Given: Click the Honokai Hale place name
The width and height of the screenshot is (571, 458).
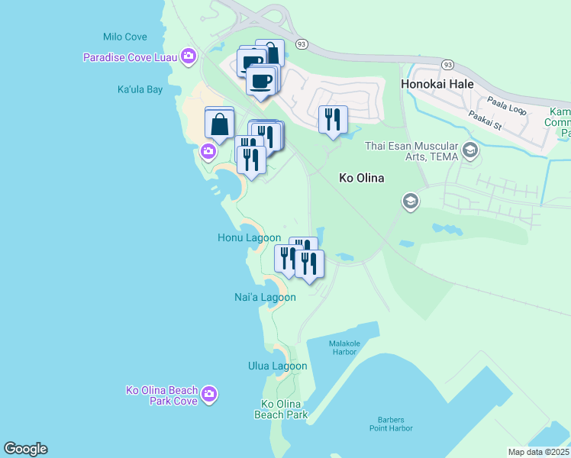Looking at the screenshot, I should point(437,84).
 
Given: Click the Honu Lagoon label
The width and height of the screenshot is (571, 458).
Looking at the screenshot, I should point(249,238).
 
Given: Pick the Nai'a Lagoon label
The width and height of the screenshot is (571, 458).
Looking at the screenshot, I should point(265,297).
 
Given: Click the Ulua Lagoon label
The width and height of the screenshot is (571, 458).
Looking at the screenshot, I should point(277,366).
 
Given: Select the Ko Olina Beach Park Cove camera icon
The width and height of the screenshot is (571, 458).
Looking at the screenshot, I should point(209,395).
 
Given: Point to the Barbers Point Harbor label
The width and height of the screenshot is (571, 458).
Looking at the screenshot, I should point(395,424).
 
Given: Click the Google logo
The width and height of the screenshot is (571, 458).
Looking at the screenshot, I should point(25,449).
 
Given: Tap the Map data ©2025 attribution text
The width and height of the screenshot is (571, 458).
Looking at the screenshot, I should point(538,452).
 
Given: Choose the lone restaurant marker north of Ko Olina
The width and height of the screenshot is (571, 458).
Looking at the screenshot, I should point(332,121).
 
